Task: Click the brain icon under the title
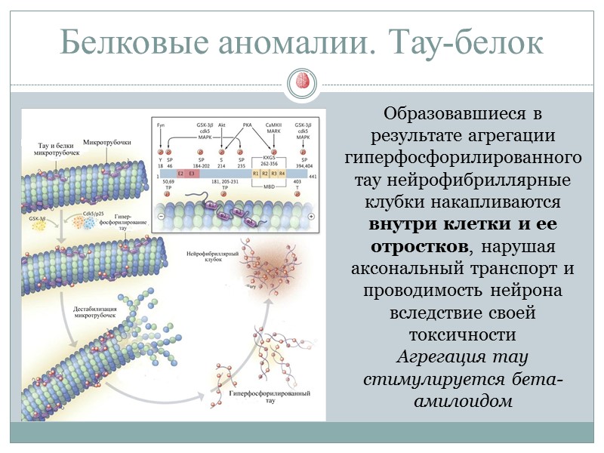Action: pos(302,82)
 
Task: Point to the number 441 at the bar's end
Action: pos(313,176)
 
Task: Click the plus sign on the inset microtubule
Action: pos(312,216)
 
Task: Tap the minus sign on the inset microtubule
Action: pos(162,216)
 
